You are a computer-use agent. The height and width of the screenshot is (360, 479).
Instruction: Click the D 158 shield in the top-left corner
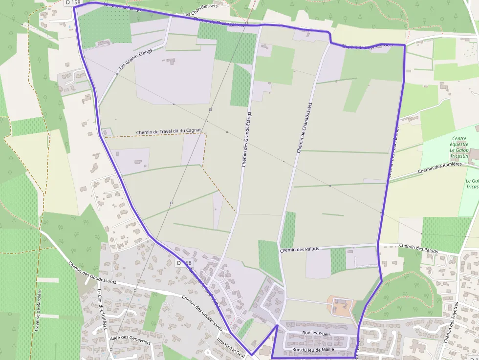click(x=72, y=2)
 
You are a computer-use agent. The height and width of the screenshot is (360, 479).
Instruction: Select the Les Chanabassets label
click(x=200, y=11)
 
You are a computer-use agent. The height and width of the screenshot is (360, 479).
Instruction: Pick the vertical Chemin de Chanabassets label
click(x=304, y=128)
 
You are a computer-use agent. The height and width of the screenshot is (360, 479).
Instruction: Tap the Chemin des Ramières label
click(x=440, y=168)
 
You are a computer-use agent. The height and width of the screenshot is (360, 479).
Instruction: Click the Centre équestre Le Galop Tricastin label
click(x=459, y=144)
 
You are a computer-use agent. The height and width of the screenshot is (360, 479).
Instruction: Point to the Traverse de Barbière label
click(x=38, y=310)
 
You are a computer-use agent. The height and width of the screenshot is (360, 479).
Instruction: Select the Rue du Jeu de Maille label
click(x=313, y=350)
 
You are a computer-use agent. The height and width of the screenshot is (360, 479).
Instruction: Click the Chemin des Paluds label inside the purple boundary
click(x=299, y=249)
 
